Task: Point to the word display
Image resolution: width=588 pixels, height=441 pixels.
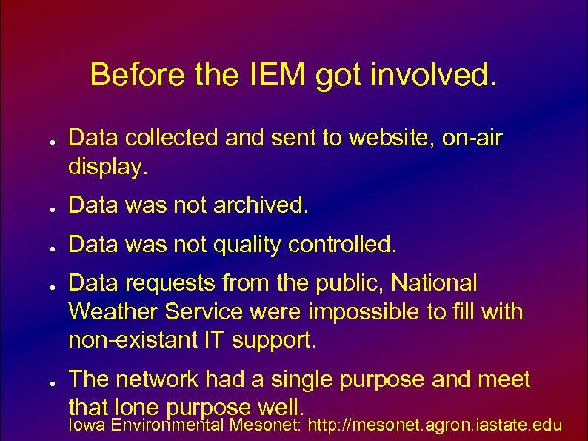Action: (x=108, y=169)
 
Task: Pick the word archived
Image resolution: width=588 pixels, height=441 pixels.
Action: (x=259, y=205)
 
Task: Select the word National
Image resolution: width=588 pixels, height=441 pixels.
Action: (x=435, y=282)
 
